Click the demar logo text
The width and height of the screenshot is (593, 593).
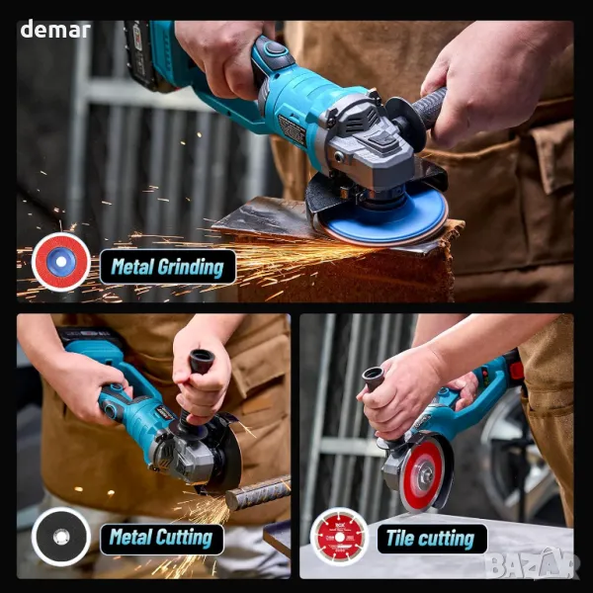click(x=55, y=29)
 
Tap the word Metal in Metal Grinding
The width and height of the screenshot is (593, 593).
click(x=132, y=267)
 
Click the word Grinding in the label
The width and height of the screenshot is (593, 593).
click(x=191, y=268)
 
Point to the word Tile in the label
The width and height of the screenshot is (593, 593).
click(x=399, y=538)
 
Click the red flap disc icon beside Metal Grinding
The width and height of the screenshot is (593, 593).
click(x=61, y=262)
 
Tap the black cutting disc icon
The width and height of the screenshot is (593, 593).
click(x=61, y=537)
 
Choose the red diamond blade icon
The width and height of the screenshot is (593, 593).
click(x=339, y=537)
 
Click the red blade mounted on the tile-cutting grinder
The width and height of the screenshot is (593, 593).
click(x=423, y=472)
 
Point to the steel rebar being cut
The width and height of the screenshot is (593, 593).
click(x=258, y=492)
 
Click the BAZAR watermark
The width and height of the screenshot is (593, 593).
click(x=532, y=563)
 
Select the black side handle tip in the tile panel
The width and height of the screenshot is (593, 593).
click(x=373, y=378)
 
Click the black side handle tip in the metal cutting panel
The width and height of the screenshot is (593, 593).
click(x=202, y=361)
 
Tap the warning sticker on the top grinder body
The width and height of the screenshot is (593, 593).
click(x=293, y=129)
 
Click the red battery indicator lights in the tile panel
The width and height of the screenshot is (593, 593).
click(x=485, y=376)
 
